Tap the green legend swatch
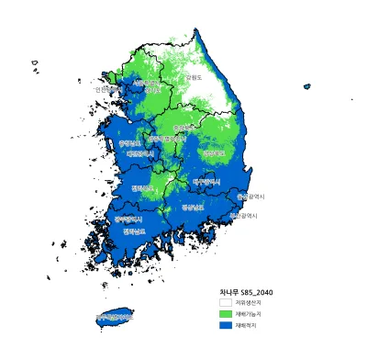226,313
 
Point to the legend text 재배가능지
249,313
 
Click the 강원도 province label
195,77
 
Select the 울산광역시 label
250,196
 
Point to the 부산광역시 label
243,215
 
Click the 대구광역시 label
207,182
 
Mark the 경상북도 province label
213,153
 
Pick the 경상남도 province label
194,208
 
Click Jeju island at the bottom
115,318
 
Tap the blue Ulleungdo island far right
306,86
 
